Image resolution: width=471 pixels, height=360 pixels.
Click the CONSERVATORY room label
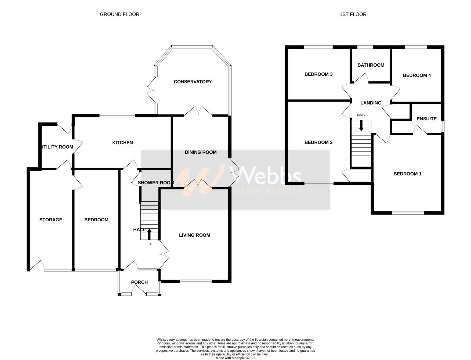point(193,82)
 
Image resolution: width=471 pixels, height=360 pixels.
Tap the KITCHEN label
point(122,143)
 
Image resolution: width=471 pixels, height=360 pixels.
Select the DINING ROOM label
point(201,152)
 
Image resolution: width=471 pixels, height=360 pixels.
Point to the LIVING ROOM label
point(195,235)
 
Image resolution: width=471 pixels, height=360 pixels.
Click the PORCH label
point(139,282)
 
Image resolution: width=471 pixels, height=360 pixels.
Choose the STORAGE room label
point(51,220)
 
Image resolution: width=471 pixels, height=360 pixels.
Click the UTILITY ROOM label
point(57,147)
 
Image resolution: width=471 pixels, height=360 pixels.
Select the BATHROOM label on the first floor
point(371,65)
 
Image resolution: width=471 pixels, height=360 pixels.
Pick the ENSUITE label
point(426,119)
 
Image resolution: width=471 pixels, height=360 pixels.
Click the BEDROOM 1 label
point(407,174)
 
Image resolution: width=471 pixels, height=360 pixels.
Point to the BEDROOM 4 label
point(417,75)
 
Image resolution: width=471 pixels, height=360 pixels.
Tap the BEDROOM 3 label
point(318,74)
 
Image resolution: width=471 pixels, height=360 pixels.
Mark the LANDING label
point(371,103)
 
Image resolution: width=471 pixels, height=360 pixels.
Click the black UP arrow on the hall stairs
point(149,234)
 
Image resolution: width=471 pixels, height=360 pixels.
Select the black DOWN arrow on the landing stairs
point(361,125)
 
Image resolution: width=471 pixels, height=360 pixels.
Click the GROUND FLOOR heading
point(119,14)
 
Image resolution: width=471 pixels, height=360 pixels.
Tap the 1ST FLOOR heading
point(353,14)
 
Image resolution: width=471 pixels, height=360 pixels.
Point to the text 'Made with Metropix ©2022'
point(235,358)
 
